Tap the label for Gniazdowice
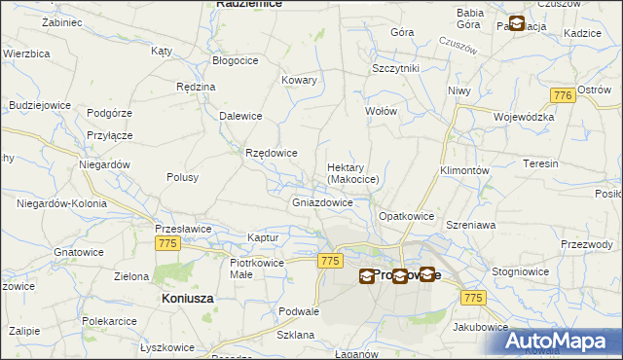coord(322,203)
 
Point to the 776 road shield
coord(561,95)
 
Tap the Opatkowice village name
coord(405,215)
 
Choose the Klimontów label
coord(463,169)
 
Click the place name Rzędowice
coord(272,153)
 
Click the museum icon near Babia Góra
coord(516,23)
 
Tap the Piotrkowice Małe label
coord(256,268)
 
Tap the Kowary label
coord(299,81)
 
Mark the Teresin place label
coord(539,163)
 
